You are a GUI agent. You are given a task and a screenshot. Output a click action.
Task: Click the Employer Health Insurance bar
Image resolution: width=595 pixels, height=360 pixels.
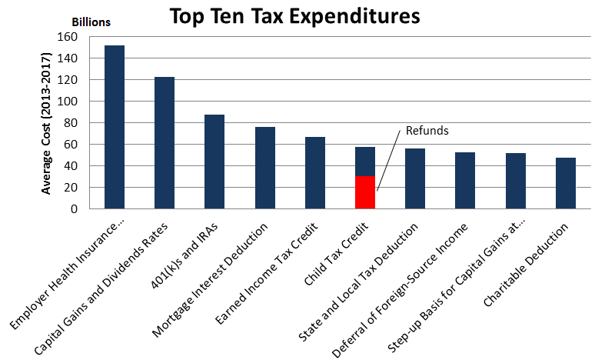tap(115, 127)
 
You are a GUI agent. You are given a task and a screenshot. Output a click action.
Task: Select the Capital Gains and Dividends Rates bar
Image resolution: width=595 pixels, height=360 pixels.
tap(165, 142)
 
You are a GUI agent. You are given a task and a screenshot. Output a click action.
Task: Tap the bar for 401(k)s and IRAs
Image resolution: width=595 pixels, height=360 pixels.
tap(214, 162)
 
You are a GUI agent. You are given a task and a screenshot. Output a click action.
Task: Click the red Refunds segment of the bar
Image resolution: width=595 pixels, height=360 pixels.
tap(365, 192)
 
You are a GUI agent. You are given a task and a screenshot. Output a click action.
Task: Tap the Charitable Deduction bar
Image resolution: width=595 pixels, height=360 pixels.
tap(566, 183)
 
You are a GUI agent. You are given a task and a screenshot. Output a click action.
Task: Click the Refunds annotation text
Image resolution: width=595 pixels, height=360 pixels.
tap(427, 131)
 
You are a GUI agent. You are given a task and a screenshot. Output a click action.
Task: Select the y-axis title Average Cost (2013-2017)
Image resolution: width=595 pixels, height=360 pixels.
tap(48, 122)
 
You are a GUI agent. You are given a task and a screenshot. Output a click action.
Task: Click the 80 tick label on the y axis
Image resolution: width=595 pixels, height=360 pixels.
tap(72, 123)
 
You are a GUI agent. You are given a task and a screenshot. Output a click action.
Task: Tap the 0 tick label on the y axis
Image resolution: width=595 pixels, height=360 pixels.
tap(75, 209)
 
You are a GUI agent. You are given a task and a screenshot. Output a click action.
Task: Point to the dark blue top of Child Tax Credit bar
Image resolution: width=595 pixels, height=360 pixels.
tap(365, 162)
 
